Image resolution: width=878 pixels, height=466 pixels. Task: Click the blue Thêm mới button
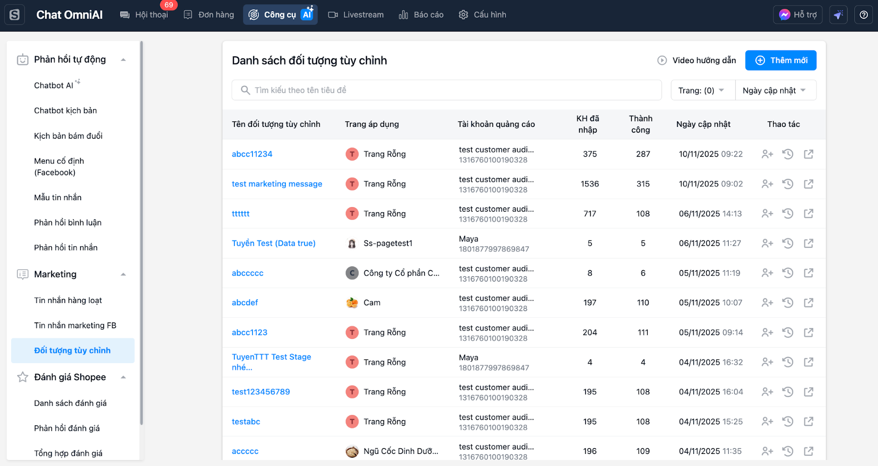pyautogui.click(x=781, y=60)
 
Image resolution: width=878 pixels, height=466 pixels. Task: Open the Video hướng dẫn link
pyautogui.click(x=697, y=60)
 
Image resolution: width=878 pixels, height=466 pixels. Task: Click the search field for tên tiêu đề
pyautogui.click(x=447, y=90)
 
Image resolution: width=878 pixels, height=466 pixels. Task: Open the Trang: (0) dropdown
pyautogui.click(x=702, y=90)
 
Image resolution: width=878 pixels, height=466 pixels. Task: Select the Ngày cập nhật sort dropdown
pyautogui.click(x=775, y=90)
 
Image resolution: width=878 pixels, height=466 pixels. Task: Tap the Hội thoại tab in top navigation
pyautogui.click(x=144, y=15)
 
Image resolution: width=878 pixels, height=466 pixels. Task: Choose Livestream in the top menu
pyautogui.click(x=356, y=15)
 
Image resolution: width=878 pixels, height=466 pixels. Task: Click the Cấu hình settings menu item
pyautogui.click(x=482, y=15)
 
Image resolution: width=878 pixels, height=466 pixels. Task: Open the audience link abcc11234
pyautogui.click(x=252, y=154)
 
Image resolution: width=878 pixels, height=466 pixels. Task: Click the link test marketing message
pyautogui.click(x=277, y=184)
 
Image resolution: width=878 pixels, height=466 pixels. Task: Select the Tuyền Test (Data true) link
pyautogui.click(x=273, y=243)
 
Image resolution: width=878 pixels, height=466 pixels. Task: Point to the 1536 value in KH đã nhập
pyautogui.click(x=589, y=184)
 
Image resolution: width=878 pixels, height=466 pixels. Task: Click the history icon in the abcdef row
pyautogui.click(x=788, y=302)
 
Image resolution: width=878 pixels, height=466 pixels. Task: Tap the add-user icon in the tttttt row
pyautogui.click(x=767, y=214)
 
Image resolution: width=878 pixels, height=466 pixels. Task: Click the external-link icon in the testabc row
pyautogui.click(x=809, y=422)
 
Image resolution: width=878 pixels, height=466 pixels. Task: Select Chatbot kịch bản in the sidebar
pyautogui.click(x=65, y=110)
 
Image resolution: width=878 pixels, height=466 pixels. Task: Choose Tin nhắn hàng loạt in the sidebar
pyautogui.click(x=68, y=300)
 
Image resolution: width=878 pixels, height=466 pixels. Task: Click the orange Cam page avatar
pyautogui.click(x=352, y=302)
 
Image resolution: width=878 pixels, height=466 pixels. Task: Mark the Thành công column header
pyautogui.click(x=640, y=124)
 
